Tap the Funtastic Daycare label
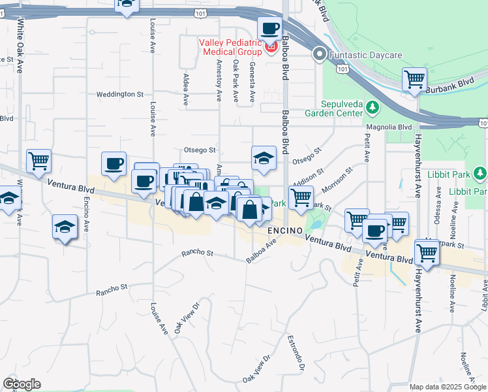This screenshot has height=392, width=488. tap(366, 55)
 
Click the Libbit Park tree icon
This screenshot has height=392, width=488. tap(480, 173)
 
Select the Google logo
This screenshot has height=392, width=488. tap(22, 384)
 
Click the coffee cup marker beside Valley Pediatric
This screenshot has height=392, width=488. tap(269, 29)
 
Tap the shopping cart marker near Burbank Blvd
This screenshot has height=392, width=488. tap(415, 80)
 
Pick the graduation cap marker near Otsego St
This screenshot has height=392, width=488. tap(264, 158)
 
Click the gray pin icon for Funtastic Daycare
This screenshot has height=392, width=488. tap(319, 54)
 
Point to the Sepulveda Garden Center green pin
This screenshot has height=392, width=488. tap(372, 106)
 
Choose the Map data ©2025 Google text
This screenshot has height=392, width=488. tap(448, 387)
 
